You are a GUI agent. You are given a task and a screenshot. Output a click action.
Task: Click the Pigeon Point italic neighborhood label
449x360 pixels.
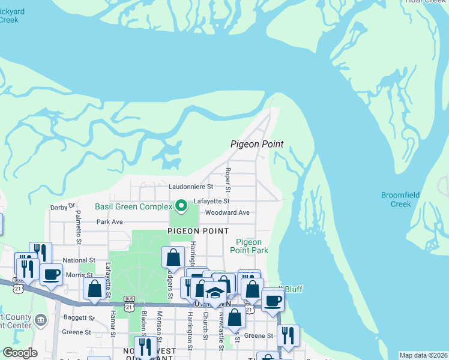coord(257,144)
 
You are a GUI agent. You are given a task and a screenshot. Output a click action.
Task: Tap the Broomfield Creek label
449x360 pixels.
coord(400,199)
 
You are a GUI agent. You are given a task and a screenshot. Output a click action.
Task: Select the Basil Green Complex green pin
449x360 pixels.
coord(179,207)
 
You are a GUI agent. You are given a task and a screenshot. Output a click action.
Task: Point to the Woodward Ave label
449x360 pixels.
coord(227,212)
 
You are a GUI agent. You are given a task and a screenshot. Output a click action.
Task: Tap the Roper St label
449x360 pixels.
coord(228,176)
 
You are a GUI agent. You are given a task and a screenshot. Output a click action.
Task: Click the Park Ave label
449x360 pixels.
coord(109,221)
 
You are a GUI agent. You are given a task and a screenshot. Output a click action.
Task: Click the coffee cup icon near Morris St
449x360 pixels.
coord(51,274)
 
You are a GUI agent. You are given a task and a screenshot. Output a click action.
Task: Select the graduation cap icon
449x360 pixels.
coord(214,293)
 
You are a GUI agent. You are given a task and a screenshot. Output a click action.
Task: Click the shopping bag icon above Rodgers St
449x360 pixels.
coord(173,257)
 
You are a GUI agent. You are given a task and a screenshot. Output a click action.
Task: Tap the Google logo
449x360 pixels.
coord(20,353)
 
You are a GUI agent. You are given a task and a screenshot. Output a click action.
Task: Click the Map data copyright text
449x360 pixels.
coord(424,355)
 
